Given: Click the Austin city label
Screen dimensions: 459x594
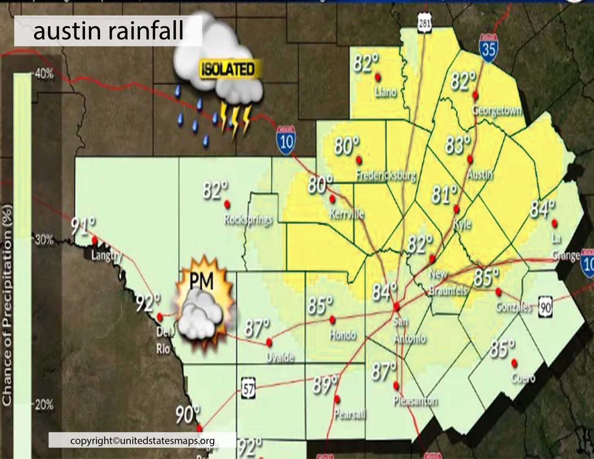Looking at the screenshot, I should pos(480,175).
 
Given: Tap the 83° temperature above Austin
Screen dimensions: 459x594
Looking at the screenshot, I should pos(458,145).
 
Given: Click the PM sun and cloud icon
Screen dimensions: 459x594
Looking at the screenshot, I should pos(203,305).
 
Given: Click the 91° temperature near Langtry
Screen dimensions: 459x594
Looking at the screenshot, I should pos(83,227).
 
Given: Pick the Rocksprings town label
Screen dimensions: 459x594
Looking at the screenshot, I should pos(248,220).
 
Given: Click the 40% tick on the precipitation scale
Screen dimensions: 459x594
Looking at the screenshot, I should pos(44,73).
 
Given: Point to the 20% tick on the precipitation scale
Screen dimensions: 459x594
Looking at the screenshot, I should pos(44,405).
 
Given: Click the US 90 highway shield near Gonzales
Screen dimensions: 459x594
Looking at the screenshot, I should pos(546,307).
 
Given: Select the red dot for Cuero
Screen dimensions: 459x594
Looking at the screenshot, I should pos(514,363).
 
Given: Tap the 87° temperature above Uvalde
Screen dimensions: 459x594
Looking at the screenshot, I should pos(257,328).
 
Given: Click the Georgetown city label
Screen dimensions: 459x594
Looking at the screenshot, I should pos(497,111).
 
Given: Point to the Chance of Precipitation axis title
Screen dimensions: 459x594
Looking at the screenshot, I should pos(7,305).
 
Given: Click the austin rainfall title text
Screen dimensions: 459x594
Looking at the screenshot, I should pos(108,31).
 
